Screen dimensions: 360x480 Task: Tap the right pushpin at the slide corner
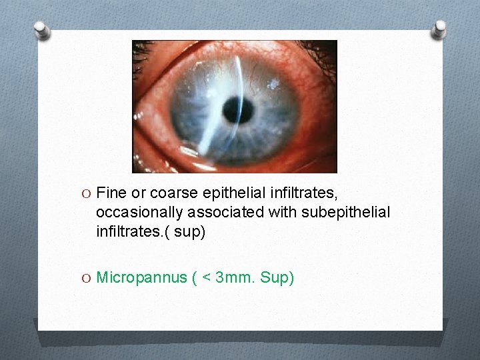click(439, 28)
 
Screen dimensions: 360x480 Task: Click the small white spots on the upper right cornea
click(273, 84)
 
